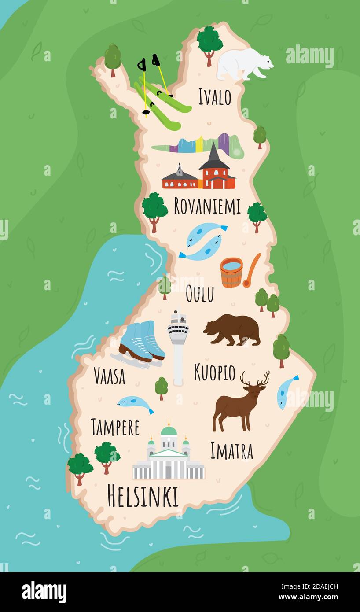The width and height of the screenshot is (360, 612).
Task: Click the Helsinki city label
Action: tap(143, 496)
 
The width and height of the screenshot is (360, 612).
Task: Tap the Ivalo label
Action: tap(214, 97)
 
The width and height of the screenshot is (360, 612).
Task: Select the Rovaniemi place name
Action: tap(207, 206)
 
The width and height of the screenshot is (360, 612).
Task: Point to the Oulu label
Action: tap(199, 294)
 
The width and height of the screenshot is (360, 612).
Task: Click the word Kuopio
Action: tap(214, 372)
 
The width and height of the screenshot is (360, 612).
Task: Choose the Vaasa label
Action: tap(109, 376)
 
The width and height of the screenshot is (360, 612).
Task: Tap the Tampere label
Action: tap(115, 427)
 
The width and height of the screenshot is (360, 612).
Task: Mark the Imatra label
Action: tap(231, 451)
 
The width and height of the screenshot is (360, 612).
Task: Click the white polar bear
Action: tap(243, 63)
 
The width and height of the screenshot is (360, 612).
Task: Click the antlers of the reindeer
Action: tap(255, 378)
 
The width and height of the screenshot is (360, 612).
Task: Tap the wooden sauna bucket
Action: tap(231, 272)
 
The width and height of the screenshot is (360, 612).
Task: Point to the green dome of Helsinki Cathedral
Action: tap(169, 430)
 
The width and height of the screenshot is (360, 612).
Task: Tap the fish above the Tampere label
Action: tap(135, 402)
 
